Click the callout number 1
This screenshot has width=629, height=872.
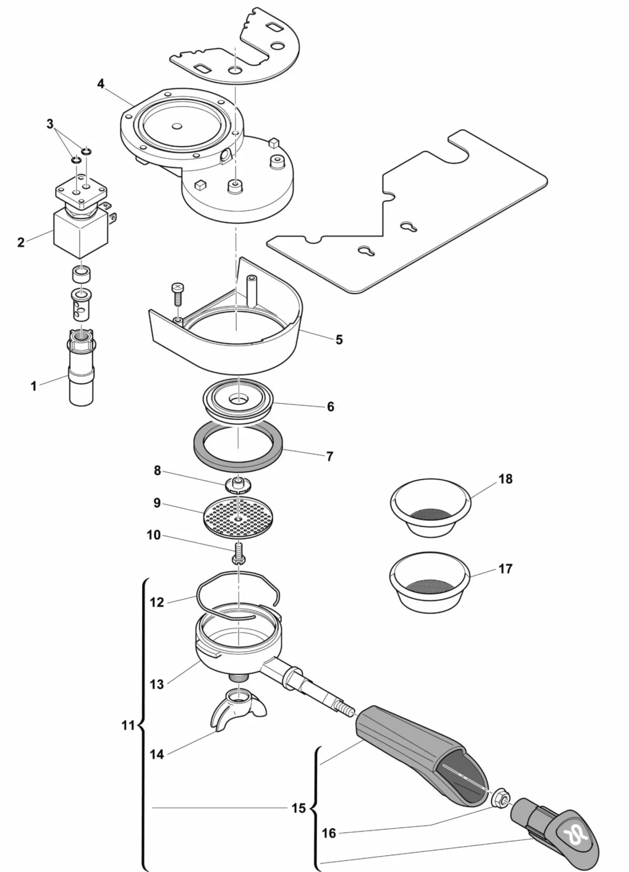pyautogui.click(x=34, y=386)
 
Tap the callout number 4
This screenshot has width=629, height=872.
pyautogui.click(x=101, y=83)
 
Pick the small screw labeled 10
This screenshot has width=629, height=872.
pyautogui.click(x=239, y=553)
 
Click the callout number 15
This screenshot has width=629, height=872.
pyautogui.click(x=299, y=808)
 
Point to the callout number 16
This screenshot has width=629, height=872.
pyautogui.click(x=329, y=833)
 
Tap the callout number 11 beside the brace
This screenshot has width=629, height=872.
pyautogui.click(x=128, y=725)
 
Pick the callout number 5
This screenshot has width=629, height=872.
pyautogui.click(x=339, y=340)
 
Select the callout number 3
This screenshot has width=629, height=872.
pyautogui.click(x=50, y=124)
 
